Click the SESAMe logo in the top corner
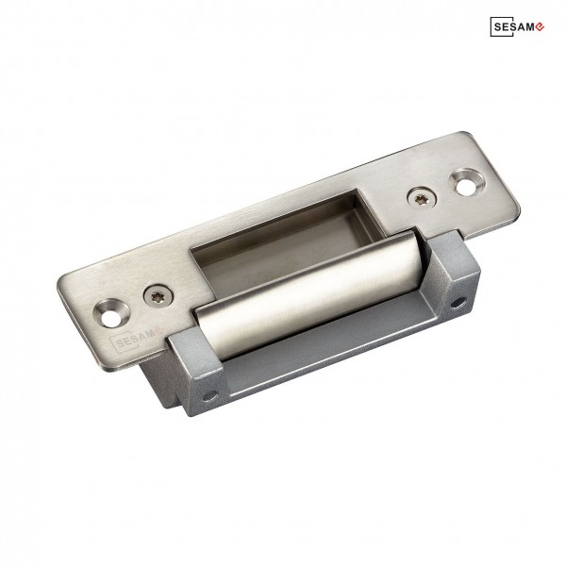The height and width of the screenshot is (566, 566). [517, 26]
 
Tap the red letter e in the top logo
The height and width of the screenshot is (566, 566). [539, 26]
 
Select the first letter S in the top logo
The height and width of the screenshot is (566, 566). [498, 27]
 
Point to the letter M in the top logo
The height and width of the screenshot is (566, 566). [528, 27]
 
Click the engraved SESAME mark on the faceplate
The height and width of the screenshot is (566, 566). [135, 339]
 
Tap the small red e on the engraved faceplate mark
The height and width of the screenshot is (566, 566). [158, 329]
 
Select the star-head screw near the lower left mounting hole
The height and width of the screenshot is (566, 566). [158, 297]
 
